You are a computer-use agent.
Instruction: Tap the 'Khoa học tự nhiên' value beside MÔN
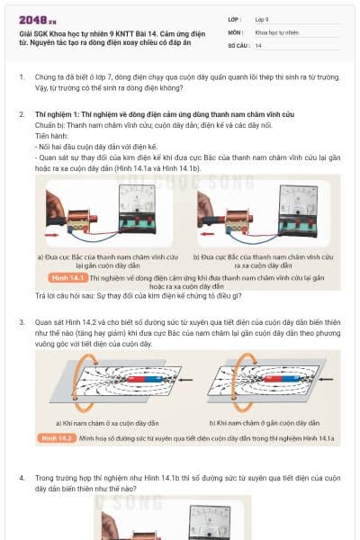coord(277,31)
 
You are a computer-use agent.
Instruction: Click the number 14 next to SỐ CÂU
coord(258,45)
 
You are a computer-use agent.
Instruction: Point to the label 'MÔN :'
coord(235,31)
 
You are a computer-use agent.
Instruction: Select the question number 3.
coord(21,321)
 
